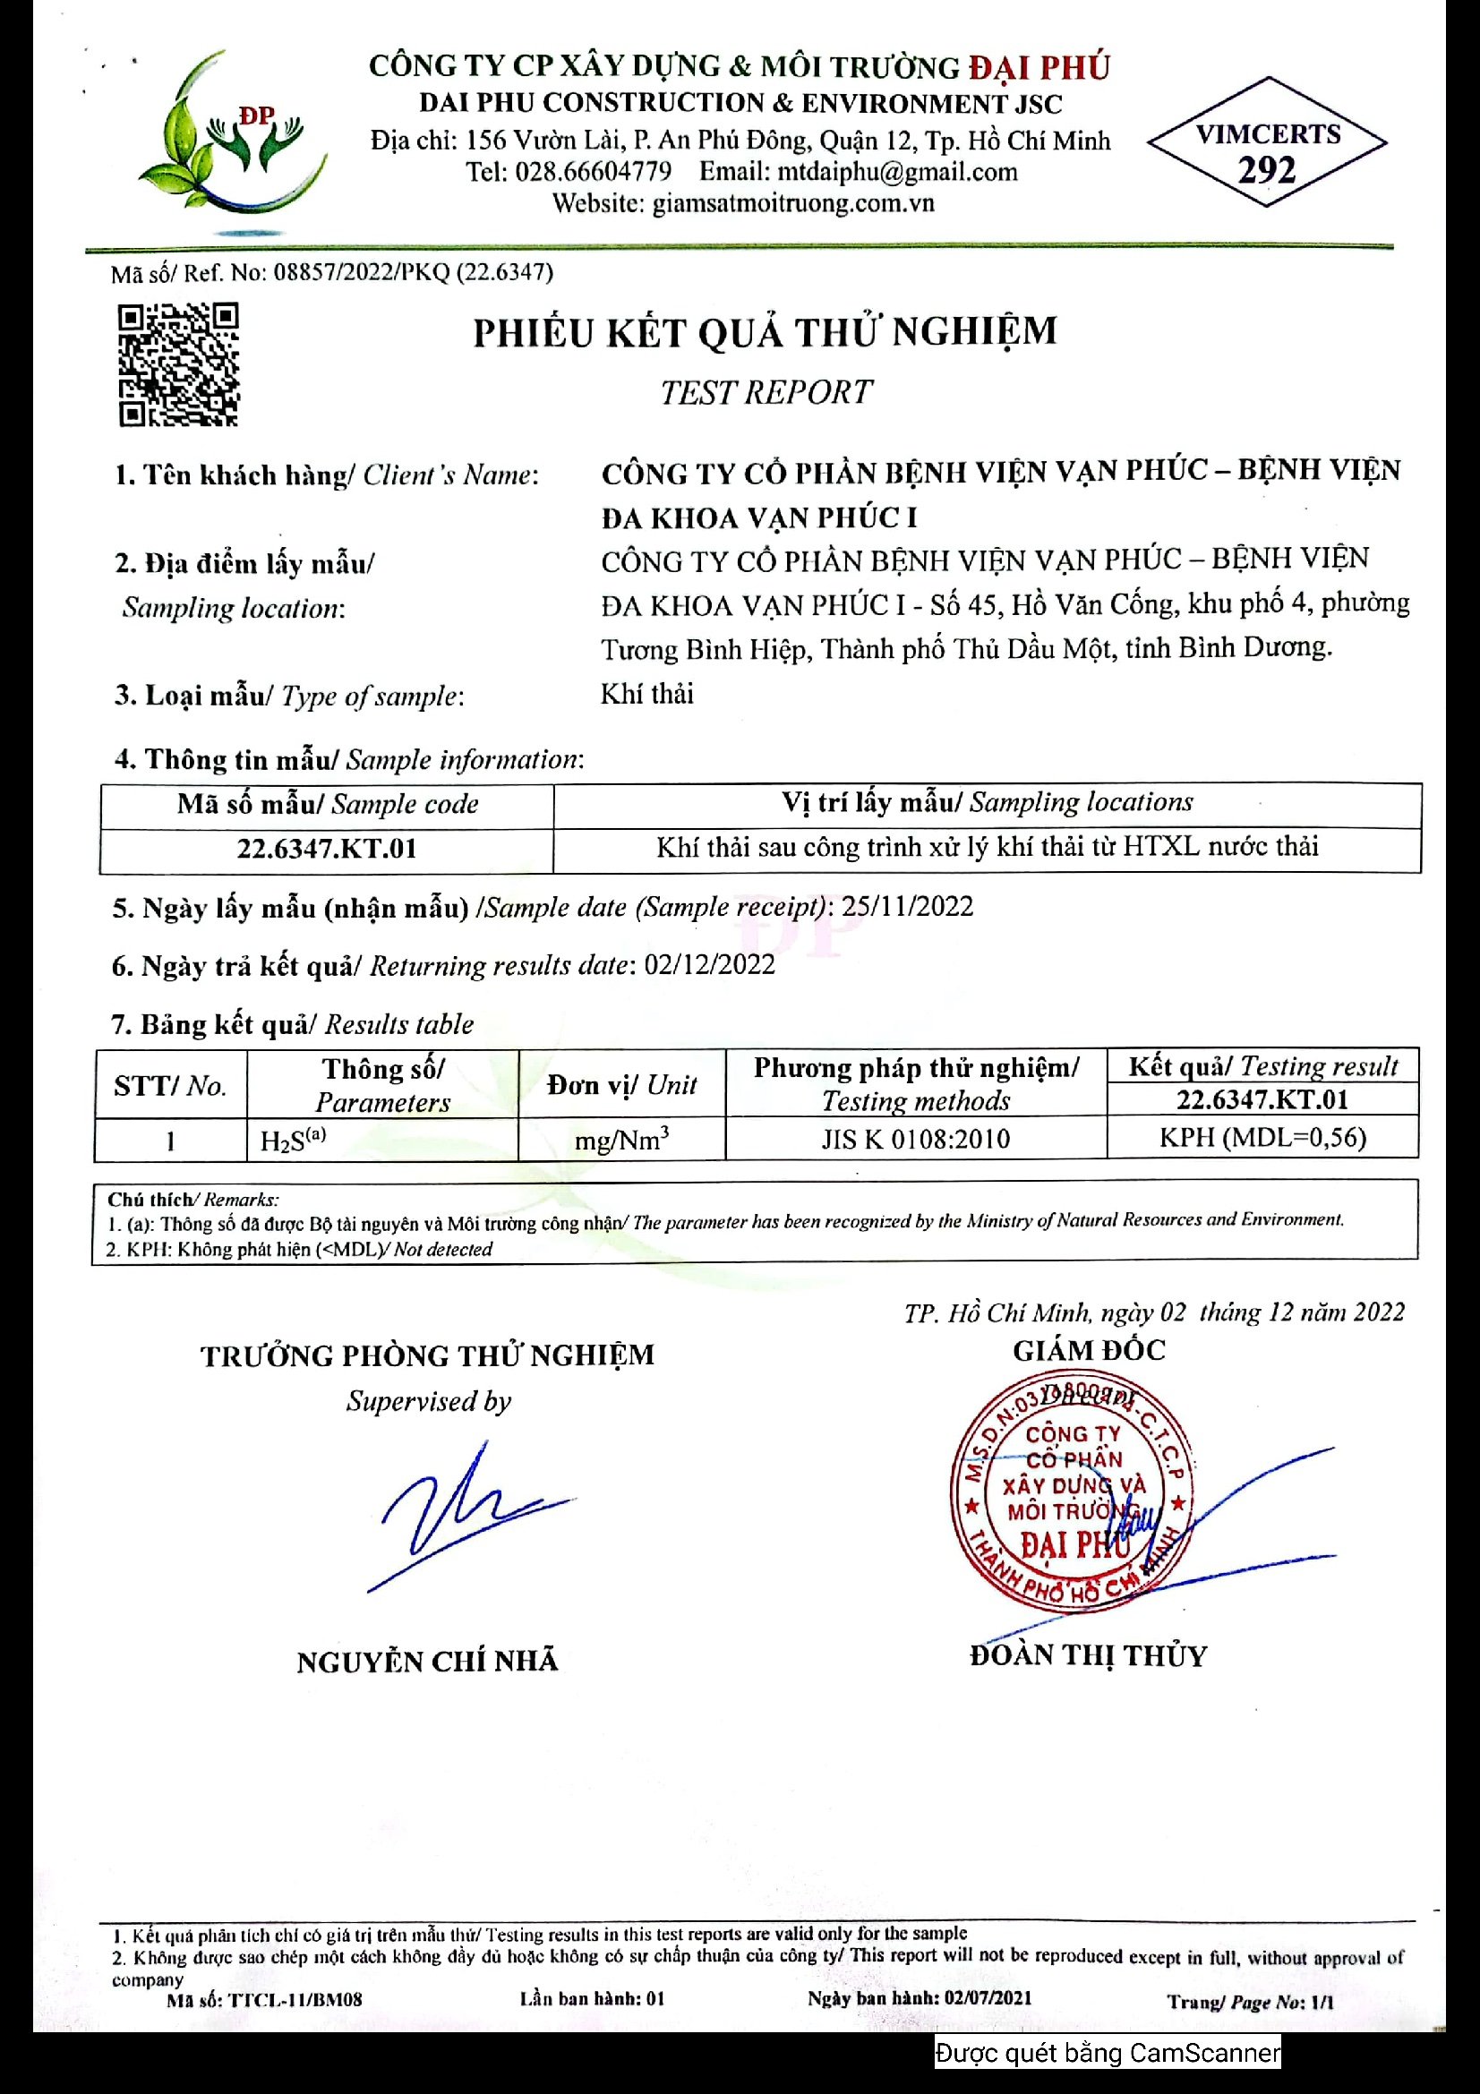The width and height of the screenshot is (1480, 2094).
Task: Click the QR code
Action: pyautogui.click(x=179, y=364)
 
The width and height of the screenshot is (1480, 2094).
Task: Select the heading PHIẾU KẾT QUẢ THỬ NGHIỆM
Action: pyautogui.click(x=764, y=333)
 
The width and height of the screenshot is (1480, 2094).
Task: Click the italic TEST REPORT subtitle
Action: pyautogui.click(x=766, y=392)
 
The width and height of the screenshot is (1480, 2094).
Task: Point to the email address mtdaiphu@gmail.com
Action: pyautogui.click(x=896, y=172)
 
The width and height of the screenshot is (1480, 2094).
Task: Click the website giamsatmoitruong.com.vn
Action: pyautogui.click(x=792, y=202)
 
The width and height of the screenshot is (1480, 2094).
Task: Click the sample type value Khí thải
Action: pyautogui.click(x=646, y=694)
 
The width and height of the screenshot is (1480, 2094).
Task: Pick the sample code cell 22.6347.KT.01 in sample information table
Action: pyautogui.click(x=327, y=849)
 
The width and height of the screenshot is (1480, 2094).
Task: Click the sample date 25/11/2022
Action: pyautogui.click(x=906, y=907)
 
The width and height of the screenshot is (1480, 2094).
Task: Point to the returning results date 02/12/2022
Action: pyautogui.click(x=708, y=965)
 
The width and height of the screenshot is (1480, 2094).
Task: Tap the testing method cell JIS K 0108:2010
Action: pyautogui.click(x=916, y=1139)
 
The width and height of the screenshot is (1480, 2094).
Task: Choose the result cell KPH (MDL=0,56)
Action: pyautogui.click(x=1262, y=1138)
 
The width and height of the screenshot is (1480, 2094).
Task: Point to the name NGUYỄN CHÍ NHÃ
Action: pyautogui.click(x=427, y=1662)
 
